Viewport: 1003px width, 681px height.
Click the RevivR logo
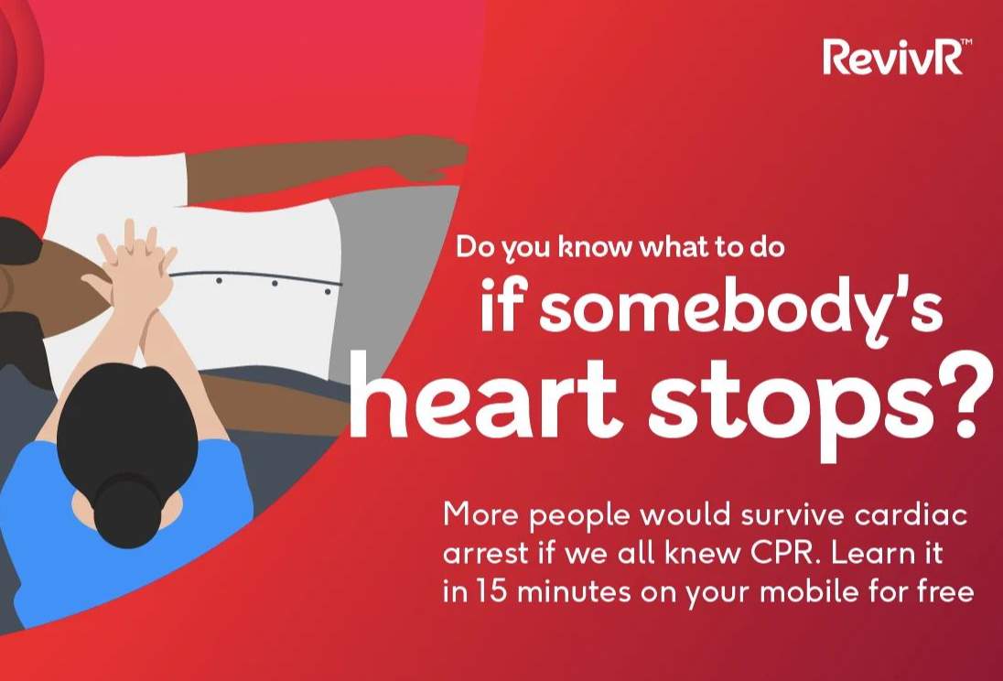[897, 57]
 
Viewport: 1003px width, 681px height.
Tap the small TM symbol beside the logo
[967, 42]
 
